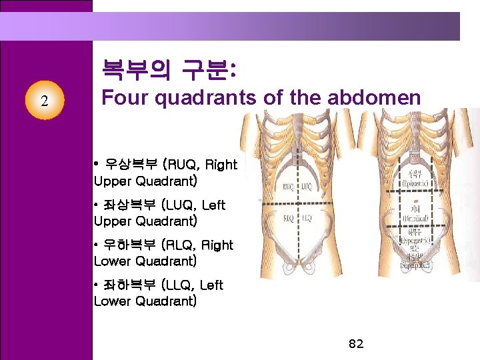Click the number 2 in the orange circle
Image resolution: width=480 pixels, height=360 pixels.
coord(44,102)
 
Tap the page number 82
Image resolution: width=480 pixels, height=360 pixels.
coord(356,344)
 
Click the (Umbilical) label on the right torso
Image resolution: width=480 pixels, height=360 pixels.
coord(415,219)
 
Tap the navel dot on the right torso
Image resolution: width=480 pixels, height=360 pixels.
coord(415,201)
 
